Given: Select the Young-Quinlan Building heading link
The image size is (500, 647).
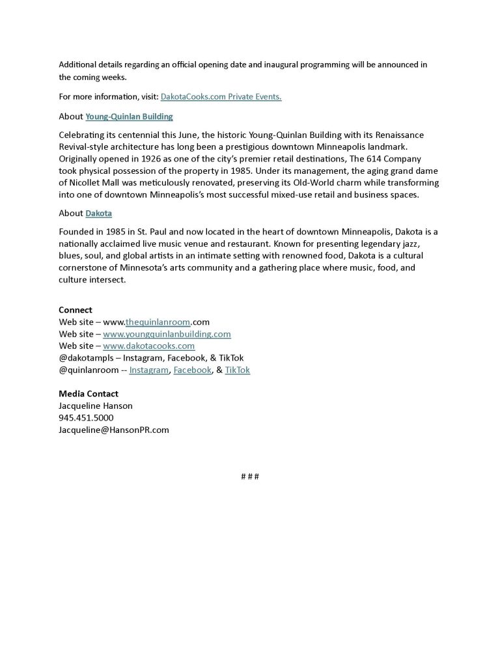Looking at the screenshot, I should (x=129, y=117).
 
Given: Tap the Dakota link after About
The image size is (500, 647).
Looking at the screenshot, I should (x=98, y=213).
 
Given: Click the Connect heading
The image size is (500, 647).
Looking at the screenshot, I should (x=76, y=310).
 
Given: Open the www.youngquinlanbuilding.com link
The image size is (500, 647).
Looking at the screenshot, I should (x=167, y=334).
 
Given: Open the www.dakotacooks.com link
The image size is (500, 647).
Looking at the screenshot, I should (x=148, y=346).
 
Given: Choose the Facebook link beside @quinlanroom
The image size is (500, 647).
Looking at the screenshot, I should (x=193, y=370).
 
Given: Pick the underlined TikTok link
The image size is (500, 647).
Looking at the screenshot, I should (x=237, y=370).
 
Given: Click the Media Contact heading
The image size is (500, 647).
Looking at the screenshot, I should (x=89, y=394).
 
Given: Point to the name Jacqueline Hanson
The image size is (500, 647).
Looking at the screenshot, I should (x=96, y=406).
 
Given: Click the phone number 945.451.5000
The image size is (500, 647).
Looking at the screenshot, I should (x=86, y=418).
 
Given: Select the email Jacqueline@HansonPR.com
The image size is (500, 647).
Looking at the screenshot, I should (x=114, y=430).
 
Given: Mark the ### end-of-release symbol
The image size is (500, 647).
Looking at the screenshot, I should (x=250, y=476).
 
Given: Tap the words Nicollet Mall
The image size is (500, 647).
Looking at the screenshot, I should (x=87, y=183).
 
